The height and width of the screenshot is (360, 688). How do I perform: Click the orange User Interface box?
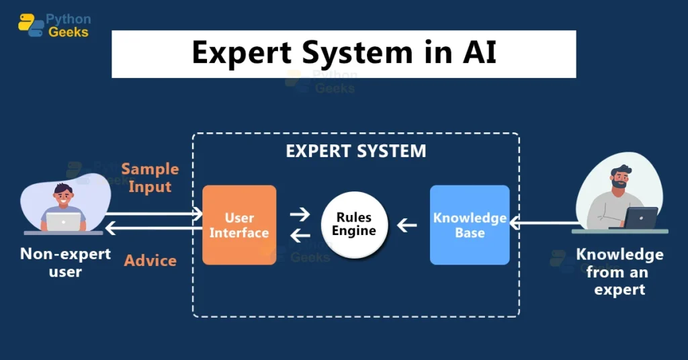[x=239, y=225]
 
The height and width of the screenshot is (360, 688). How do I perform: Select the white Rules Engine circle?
[x=355, y=225]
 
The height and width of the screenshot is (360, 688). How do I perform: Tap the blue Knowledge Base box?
[x=470, y=225]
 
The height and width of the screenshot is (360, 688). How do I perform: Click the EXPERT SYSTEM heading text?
[x=355, y=150]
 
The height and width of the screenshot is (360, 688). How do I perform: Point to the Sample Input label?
[x=150, y=177]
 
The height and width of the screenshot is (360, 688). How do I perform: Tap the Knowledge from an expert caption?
[x=619, y=272]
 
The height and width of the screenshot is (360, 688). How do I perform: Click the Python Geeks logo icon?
[x=31, y=25]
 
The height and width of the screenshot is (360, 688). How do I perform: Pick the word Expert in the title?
[x=234, y=54]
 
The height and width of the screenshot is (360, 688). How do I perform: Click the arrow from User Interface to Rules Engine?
[x=300, y=215]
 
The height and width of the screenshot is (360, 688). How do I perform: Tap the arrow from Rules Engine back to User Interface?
[x=300, y=234]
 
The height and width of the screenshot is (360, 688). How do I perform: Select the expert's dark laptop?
[x=641, y=218]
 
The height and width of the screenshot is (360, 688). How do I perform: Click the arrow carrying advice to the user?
[x=155, y=229]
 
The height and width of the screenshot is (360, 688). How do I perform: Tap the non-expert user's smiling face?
[x=62, y=197]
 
